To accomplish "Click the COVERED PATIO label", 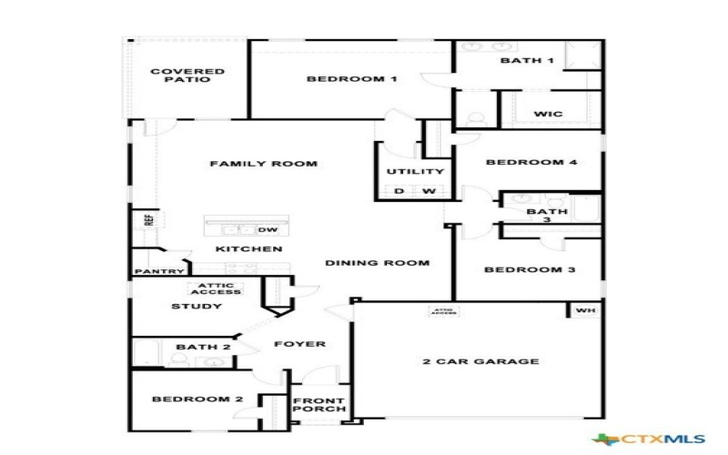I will [x=187, y=75].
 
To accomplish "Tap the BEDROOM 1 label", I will [x=352, y=79].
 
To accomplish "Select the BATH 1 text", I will [x=527, y=61].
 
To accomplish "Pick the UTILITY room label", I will [x=415, y=171].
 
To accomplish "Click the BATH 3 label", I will [x=547, y=216].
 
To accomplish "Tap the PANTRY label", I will [x=160, y=271].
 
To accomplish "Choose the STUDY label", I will [x=197, y=307].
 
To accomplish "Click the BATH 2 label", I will [x=197, y=347].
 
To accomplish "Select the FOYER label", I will [x=299, y=345].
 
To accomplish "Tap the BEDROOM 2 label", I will [x=197, y=399].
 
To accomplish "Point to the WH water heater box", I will [x=584, y=311].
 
